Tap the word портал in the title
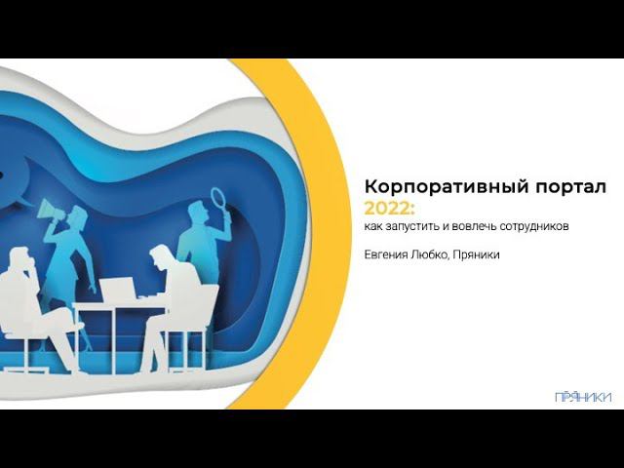click(571, 187)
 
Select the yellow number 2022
click(387, 208)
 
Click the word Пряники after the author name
click(476, 254)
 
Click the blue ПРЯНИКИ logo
click(583, 397)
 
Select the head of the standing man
click(197, 213)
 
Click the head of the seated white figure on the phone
click(20, 258)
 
